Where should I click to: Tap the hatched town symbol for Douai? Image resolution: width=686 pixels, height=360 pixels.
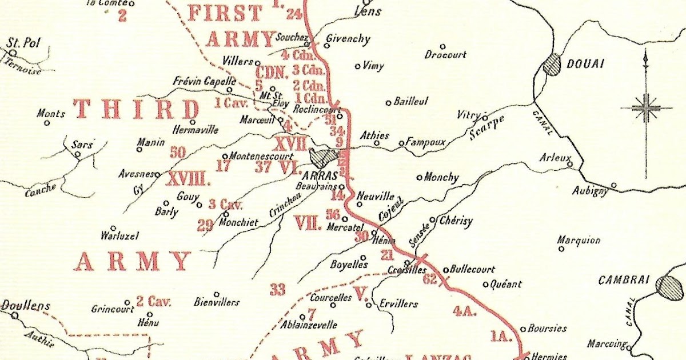(552, 64)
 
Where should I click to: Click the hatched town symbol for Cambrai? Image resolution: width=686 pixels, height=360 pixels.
(669, 287)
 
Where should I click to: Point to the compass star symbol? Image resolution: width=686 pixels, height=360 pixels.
(646, 107)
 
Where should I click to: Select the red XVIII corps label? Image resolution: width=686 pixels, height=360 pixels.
(188, 179)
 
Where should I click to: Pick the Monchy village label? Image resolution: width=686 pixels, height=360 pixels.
(441, 178)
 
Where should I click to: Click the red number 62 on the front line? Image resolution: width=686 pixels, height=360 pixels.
(430, 279)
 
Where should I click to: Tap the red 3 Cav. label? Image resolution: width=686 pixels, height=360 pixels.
(226, 205)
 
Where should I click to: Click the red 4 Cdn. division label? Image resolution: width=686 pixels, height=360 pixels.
(295, 55)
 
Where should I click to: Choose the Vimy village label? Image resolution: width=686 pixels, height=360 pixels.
(373, 66)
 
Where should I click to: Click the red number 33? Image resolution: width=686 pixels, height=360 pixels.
(277, 290)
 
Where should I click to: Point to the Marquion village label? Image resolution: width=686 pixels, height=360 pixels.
(579, 240)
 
